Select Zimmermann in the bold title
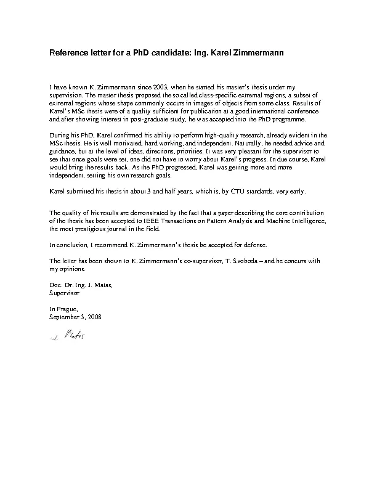click(254, 54)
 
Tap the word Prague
click(66, 309)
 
